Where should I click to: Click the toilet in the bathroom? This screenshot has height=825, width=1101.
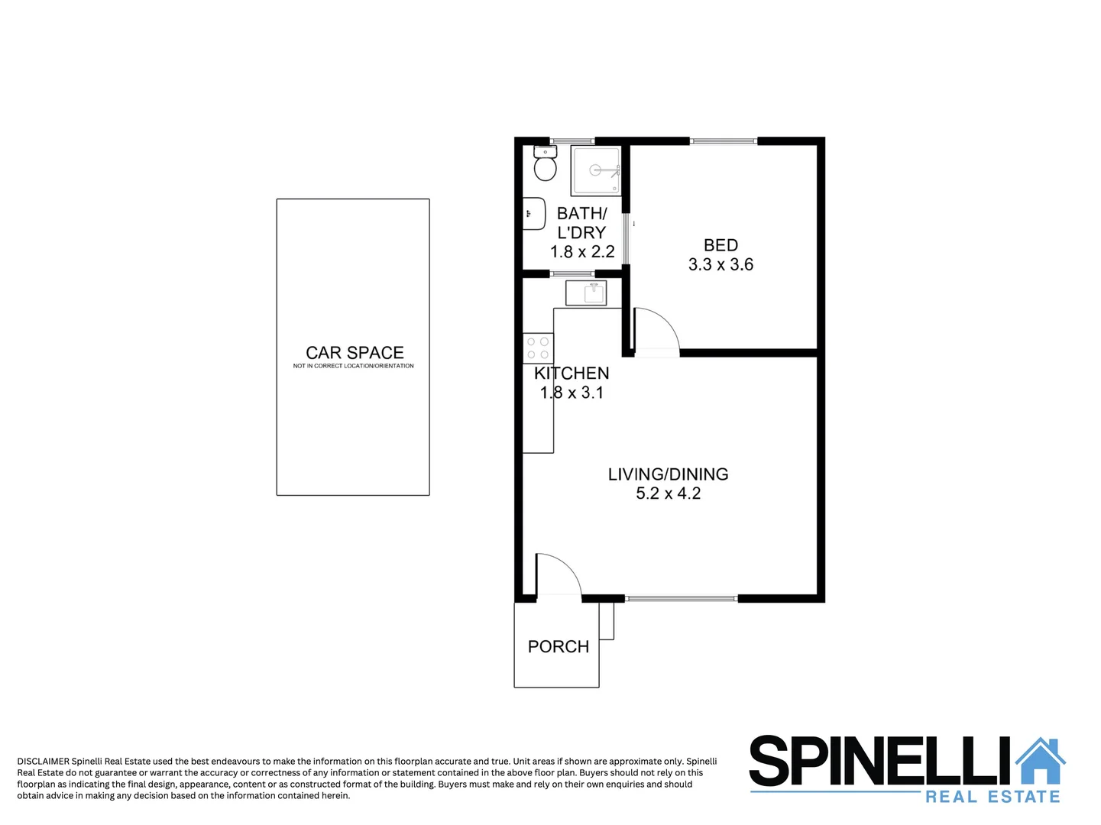click(545, 166)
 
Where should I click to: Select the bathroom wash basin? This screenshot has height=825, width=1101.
click(533, 213)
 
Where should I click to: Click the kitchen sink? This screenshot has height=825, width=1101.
click(586, 293)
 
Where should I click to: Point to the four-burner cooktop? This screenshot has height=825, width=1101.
click(538, 348)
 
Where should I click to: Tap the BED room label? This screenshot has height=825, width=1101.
click(721, 245)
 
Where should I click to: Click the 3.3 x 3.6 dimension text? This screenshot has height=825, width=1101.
click(721, 264)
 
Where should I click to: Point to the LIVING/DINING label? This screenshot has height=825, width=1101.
click(668, 474)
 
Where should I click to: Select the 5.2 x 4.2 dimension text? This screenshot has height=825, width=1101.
click(668, 493)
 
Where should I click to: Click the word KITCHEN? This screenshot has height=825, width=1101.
click(572, 374)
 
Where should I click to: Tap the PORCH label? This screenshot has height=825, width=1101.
click(559, 647)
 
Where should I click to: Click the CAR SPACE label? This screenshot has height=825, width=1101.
click(355, 353)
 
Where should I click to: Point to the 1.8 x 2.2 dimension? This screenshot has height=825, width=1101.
click(582, 251)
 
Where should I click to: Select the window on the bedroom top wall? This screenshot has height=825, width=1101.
click(723, 141)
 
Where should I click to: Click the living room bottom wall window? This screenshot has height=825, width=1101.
click(681, 598)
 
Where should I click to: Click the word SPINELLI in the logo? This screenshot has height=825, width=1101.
click(879, 762)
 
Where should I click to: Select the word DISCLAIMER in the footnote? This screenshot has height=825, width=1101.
click(43, 762)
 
